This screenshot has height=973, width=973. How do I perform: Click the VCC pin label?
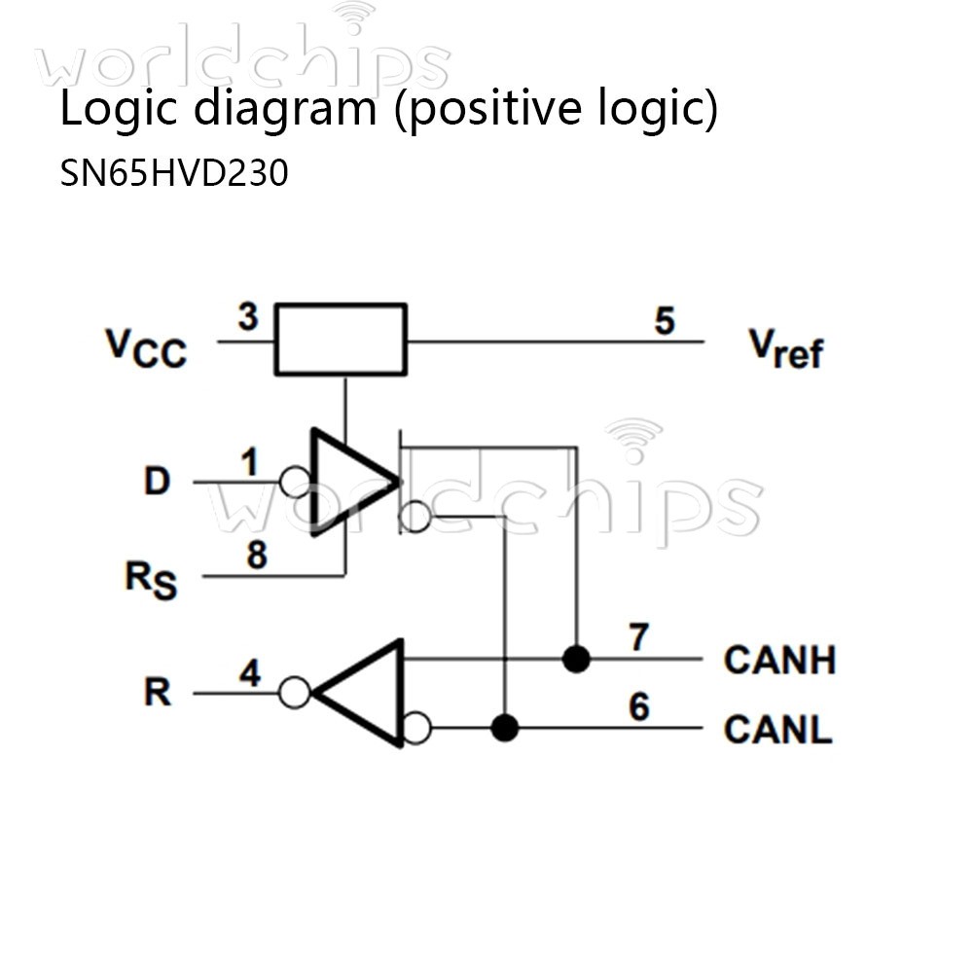146,347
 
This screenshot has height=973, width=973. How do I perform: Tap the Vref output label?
784,347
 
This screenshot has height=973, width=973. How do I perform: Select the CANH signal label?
779,660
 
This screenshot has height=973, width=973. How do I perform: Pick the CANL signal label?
777,729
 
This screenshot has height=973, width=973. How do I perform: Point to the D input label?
157,481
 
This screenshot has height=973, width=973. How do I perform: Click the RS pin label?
151,578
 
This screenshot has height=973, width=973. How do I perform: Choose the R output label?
158,693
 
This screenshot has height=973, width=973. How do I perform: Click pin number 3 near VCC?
248,318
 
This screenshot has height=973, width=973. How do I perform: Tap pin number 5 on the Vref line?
665,321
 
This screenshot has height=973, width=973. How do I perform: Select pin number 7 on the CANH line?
638,637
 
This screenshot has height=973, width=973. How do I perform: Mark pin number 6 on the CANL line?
638,707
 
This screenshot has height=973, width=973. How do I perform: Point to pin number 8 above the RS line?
256,556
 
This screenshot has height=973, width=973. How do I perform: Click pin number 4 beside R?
250,673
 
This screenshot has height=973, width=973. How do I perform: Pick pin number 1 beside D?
250,462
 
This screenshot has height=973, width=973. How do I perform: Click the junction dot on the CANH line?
577,659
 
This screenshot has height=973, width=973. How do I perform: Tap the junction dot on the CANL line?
504,728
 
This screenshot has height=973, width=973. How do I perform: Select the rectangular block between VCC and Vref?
341,340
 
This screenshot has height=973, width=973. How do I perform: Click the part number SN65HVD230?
174,173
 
